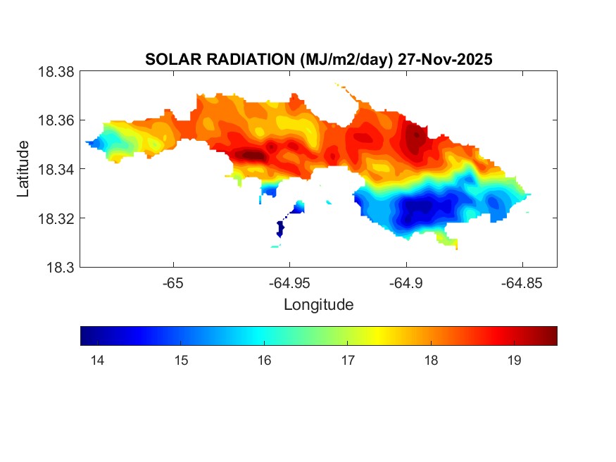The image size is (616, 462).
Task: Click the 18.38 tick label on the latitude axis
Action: (56, 71)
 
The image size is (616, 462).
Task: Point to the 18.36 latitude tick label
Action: (56, 120)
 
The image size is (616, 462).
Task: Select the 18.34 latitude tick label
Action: (56, 169)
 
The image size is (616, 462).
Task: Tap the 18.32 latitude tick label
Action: (56, 218)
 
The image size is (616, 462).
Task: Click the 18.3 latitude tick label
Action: (60, 267)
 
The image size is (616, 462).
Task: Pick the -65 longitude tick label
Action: (173, 283)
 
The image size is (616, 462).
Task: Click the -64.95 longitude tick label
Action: (289, 283)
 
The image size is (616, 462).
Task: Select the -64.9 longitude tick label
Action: (406, 283)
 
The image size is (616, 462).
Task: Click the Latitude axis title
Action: (23, 169)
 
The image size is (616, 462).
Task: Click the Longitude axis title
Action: (318, 305)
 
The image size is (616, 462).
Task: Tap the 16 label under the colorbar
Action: (264, 361)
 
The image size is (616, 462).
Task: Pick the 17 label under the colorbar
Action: (347, 361)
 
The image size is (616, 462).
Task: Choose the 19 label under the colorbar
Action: (514, 361)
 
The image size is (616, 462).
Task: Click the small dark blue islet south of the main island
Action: (280, 228)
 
